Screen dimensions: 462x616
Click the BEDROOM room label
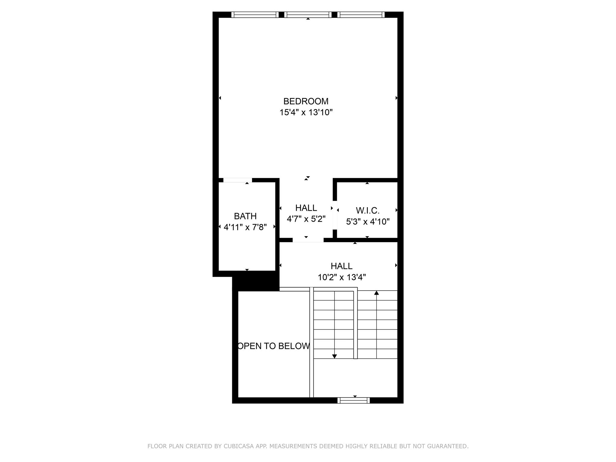point(306,101)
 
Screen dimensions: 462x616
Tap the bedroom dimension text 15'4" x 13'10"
point(306,112)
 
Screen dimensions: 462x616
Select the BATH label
point(245,216)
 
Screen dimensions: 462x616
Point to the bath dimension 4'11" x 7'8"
point(245,227)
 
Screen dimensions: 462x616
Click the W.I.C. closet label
point(368,210)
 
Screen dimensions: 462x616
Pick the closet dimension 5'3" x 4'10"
point(368,222)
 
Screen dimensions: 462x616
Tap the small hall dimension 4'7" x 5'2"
point(306,219)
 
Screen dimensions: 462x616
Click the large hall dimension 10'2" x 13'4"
point(342,277)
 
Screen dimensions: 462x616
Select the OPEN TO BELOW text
point(274,346)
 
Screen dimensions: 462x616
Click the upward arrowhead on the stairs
point(376,293)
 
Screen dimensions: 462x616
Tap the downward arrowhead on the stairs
point(334,356)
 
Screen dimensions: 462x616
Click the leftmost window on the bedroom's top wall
point(255,15)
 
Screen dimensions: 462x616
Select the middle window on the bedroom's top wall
point(308,15)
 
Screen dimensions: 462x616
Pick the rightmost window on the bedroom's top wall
point(361,15)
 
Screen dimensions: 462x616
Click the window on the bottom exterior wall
point(353,400)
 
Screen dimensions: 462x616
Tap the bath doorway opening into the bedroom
point(237,180)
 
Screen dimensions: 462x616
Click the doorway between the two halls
point(308,240)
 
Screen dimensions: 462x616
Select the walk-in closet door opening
point(334,215)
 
